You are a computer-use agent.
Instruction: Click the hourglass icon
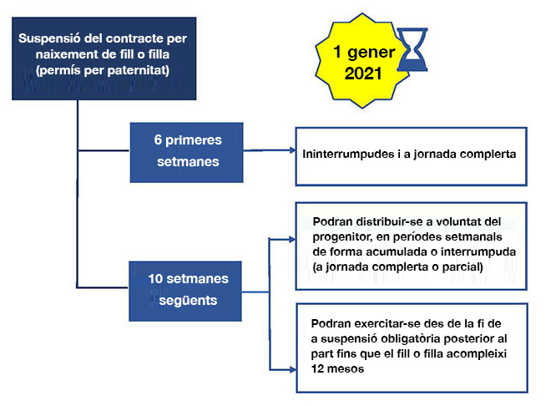(x=412, y=49)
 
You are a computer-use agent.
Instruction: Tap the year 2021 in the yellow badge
(x=363, y=74)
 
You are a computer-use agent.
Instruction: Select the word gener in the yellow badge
(x=371, y=53)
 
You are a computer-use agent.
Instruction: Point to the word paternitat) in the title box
(x=138, y=70)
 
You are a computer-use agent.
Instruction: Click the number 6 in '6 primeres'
(x=158, y=140)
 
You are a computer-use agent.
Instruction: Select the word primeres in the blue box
(x=193, y=140)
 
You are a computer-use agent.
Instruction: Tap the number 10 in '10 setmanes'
(x=155, y=278)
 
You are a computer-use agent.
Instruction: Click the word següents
(x=188, y=301)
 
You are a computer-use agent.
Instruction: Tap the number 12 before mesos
(x=317, y=368)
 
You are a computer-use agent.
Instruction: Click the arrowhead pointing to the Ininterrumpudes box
(x=292, y=150)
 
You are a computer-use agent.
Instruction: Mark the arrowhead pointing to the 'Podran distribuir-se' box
(x=292, y=239)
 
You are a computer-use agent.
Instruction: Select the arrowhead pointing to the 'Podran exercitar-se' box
(x=292, y=370)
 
